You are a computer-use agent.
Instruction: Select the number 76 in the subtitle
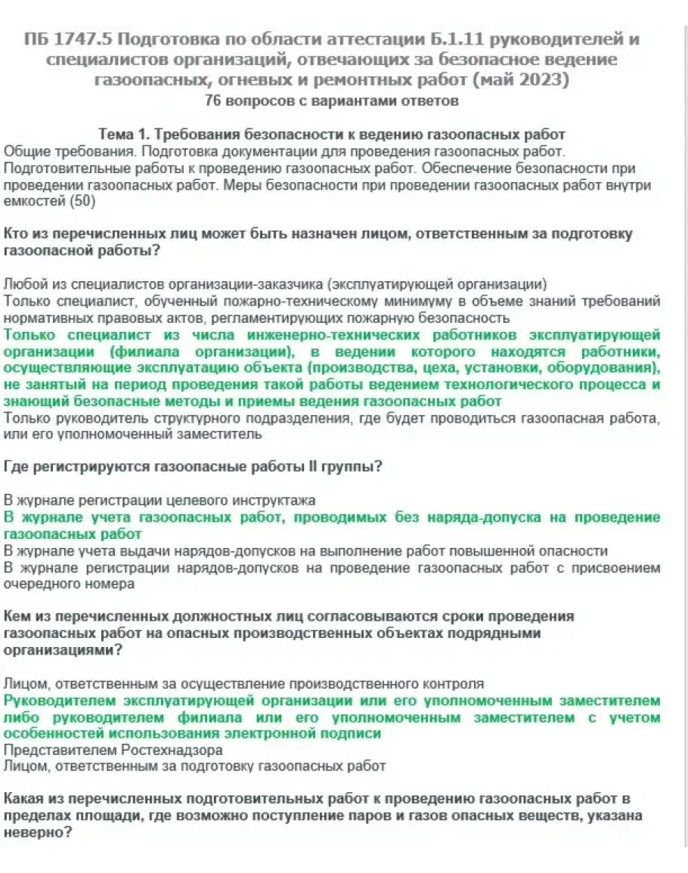tap(212, 101)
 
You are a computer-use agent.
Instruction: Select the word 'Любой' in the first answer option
tap(23, 284)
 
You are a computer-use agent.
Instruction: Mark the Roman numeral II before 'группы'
tap(312, 467)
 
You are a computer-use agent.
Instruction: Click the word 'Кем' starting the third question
tap(18, 617)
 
